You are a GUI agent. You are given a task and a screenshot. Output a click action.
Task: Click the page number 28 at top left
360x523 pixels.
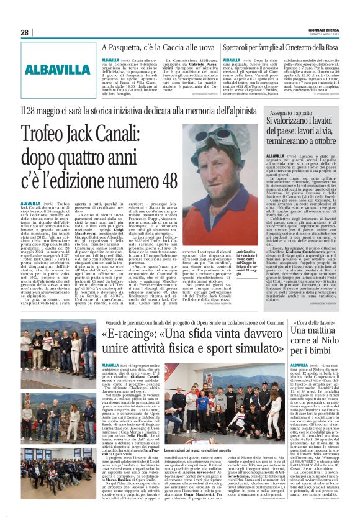coord(25,32)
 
